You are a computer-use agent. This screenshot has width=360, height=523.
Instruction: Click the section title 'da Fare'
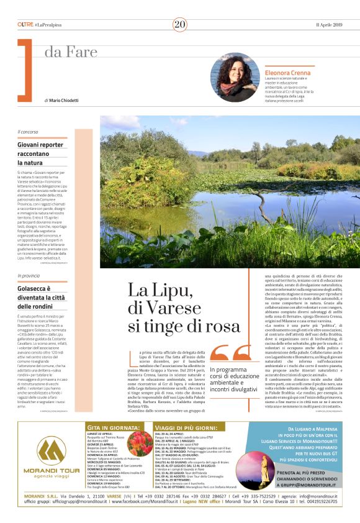coord(64,52)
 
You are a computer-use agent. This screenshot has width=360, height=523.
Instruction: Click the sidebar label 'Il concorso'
coord(28,132)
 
